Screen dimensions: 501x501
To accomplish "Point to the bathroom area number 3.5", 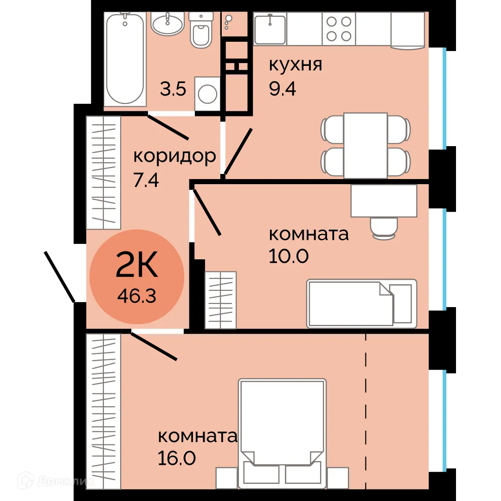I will click(173, 89).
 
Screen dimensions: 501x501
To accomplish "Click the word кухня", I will click(295, 65).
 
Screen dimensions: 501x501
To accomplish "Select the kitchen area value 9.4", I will click(282, 88).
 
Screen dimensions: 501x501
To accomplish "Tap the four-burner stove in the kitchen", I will click(338, 29).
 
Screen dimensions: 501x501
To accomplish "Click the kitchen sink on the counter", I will click(270, 29).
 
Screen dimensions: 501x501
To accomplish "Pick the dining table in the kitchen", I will click(366, 145).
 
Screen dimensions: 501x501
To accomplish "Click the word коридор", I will click(174, 156).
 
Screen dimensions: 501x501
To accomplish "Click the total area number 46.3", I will click(136, 295).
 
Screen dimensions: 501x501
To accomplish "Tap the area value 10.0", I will click(288, 256).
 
